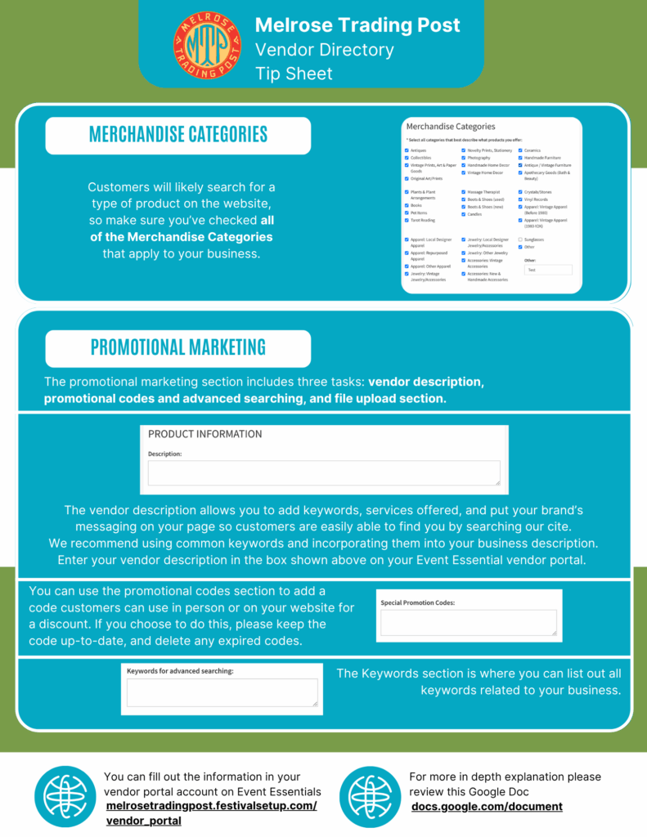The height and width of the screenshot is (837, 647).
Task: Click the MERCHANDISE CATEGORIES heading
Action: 177,135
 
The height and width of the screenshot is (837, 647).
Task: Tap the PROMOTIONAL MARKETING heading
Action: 177,347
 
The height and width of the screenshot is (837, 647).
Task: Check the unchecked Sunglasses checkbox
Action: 520,239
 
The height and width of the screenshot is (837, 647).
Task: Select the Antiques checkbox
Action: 407,150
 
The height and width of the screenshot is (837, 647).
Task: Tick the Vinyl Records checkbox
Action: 520,199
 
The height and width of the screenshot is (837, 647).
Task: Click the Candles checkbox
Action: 463,214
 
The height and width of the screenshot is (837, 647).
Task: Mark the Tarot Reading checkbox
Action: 407,220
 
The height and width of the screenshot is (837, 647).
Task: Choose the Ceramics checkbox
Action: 520,150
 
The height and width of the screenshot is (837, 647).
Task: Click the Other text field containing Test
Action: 548,269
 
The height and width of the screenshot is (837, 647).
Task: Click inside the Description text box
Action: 323,473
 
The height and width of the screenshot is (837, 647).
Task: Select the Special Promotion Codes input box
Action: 468,623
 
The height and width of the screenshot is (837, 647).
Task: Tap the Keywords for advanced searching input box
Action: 222,692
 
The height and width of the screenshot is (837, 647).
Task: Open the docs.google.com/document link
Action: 487,807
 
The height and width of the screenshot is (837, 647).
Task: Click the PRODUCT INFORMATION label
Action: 204,434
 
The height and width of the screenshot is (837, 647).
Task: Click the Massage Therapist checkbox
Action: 463,191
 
